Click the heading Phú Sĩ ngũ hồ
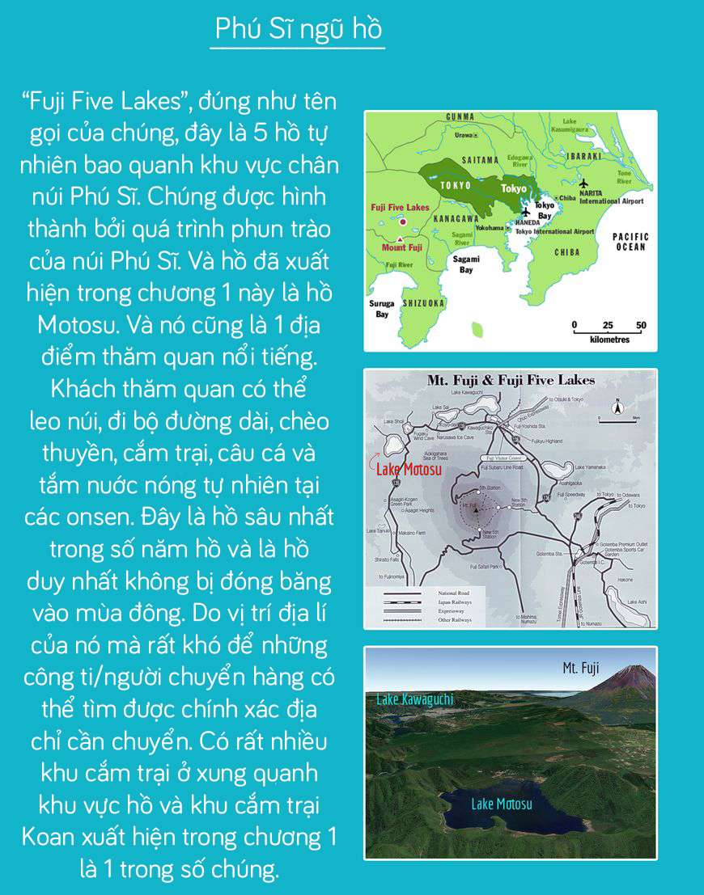297,29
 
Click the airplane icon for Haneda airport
527,213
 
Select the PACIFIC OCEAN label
630,241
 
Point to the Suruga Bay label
382,308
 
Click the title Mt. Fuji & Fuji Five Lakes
511,381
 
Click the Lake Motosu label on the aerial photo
501,804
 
